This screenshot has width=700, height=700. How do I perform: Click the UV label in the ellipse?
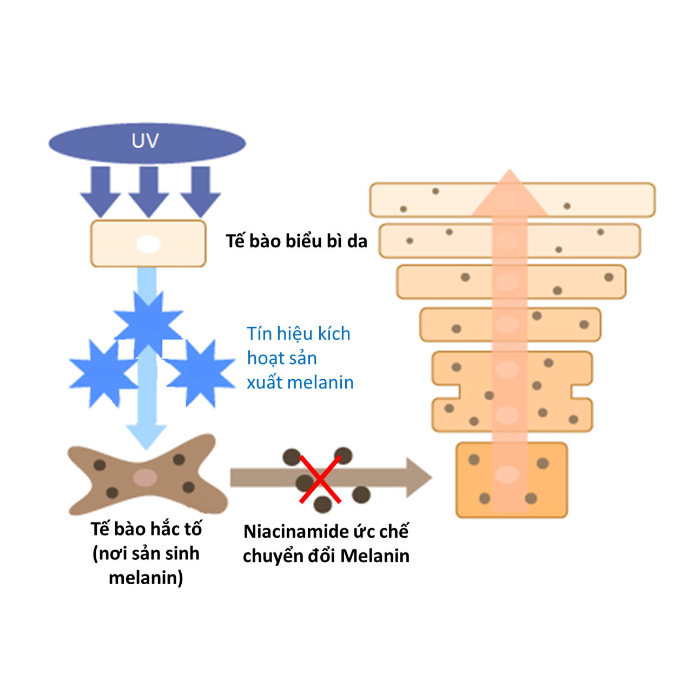coord(145,141)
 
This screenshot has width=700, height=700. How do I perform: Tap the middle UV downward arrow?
coord(149,190)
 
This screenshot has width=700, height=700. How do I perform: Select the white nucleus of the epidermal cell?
coord(148,244)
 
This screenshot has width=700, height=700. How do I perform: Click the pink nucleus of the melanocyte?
coord(145,478)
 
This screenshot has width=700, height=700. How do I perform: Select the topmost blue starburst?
coord(148,323)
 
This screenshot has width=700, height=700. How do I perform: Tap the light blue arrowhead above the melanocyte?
coord(146,435)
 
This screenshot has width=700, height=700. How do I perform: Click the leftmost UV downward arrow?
coord(101,190)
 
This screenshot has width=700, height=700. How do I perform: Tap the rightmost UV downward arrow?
coord(200,190)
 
